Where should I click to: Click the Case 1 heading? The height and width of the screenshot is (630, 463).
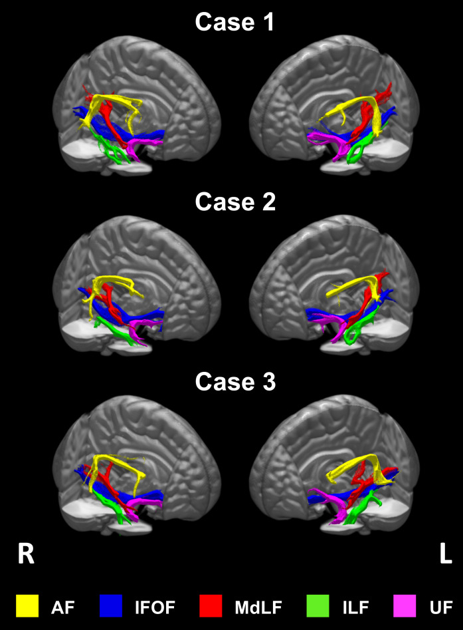coord(234,22)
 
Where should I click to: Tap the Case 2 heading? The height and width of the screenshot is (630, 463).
coord(234,202)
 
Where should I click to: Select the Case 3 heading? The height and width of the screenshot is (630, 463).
coord(234,382)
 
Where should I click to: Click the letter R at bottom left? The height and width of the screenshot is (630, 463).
coord(25,554)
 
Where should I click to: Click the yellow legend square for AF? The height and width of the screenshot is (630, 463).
coord(27,607)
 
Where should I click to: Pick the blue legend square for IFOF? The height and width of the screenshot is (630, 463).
coord(111,607)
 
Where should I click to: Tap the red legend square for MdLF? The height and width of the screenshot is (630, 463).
coord(211,607)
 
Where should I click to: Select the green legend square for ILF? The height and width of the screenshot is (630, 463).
coord(318,607)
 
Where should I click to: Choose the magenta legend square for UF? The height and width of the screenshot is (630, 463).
coord(405,607)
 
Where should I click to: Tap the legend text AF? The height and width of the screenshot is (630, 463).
coord(61,607)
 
